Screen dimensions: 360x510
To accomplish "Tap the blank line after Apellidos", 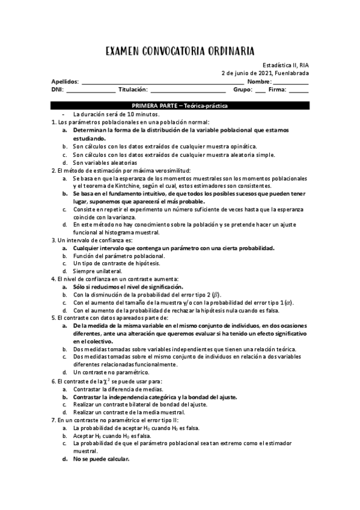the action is pos(162,82).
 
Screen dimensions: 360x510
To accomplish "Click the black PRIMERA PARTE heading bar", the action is pos(180,105).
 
